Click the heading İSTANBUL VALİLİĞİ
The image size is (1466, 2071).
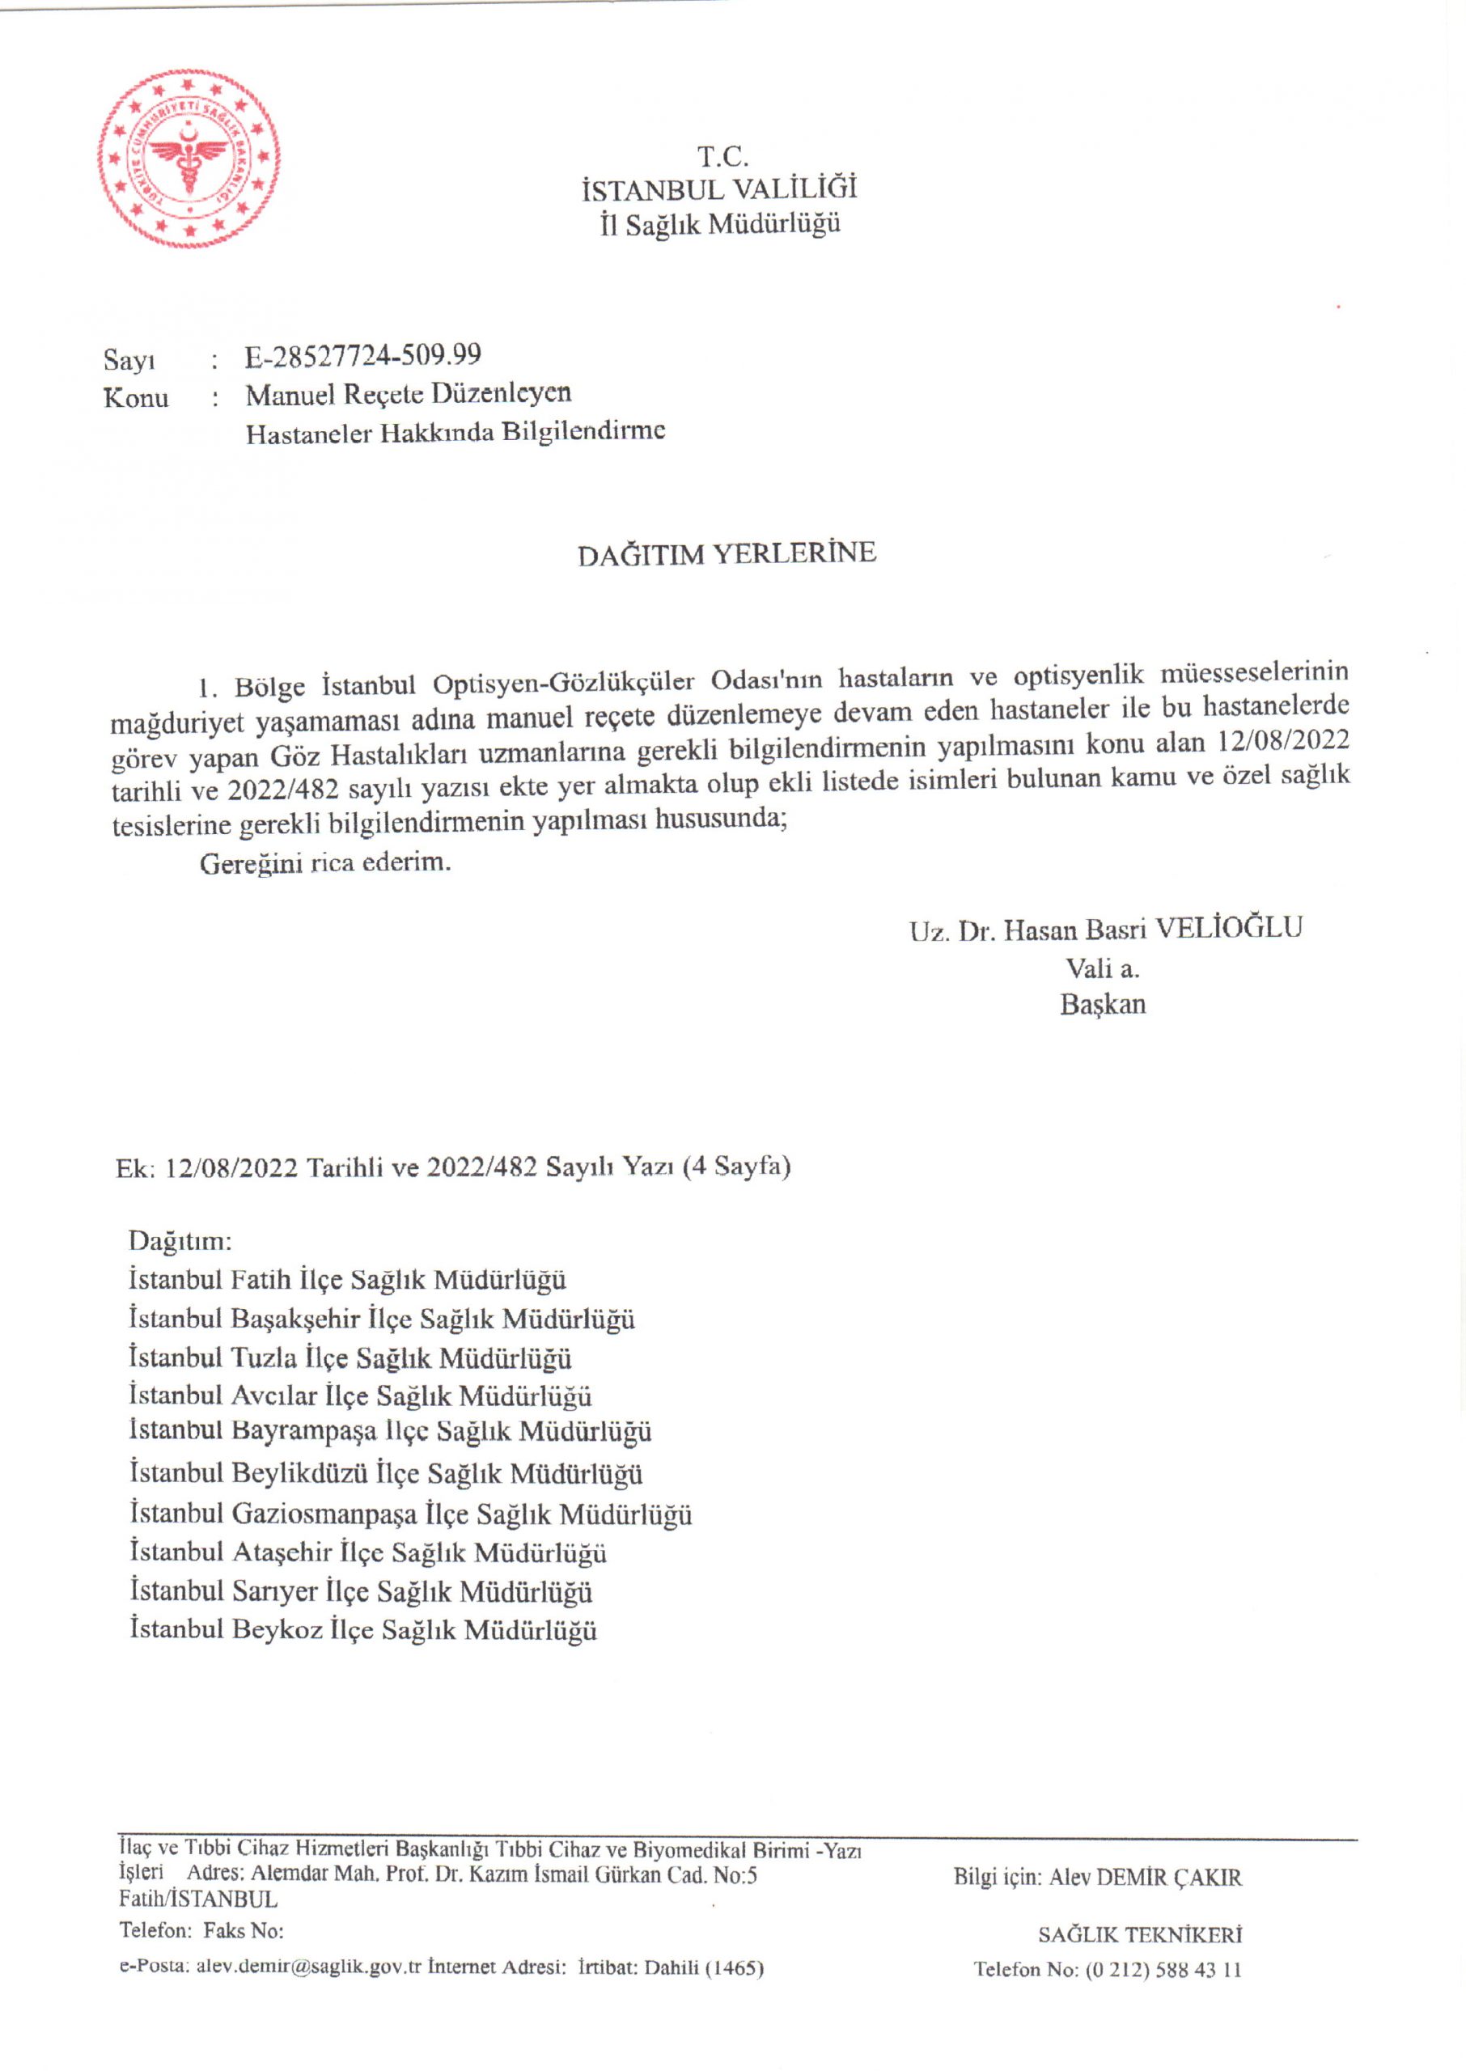[719, 189]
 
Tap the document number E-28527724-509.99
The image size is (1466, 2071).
[363, 355]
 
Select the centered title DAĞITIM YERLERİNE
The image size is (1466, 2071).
[727, 553]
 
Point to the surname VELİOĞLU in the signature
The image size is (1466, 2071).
[1230, 928]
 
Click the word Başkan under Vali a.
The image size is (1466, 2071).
[1102, 1005]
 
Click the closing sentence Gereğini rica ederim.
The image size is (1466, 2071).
[325, 862]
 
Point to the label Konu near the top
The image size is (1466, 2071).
[135, 398]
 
